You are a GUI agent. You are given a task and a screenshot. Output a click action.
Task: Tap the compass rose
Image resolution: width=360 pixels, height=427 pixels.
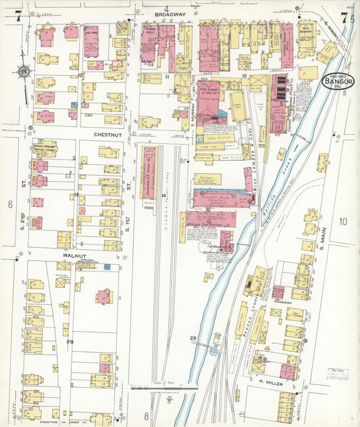pos(24,71)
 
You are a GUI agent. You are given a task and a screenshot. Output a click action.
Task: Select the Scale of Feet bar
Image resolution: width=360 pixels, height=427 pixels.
pos(164,389)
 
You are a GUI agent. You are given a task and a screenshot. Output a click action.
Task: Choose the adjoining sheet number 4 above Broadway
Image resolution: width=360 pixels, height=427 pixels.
pos(165,8)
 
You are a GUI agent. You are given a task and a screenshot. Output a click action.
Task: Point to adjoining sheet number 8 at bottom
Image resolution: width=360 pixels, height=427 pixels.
pos(145,416)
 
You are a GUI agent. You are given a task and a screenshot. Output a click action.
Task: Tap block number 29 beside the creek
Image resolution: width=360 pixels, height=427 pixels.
pos(193,338)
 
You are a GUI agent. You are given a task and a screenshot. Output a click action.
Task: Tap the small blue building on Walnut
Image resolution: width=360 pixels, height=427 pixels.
pos(106,267)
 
